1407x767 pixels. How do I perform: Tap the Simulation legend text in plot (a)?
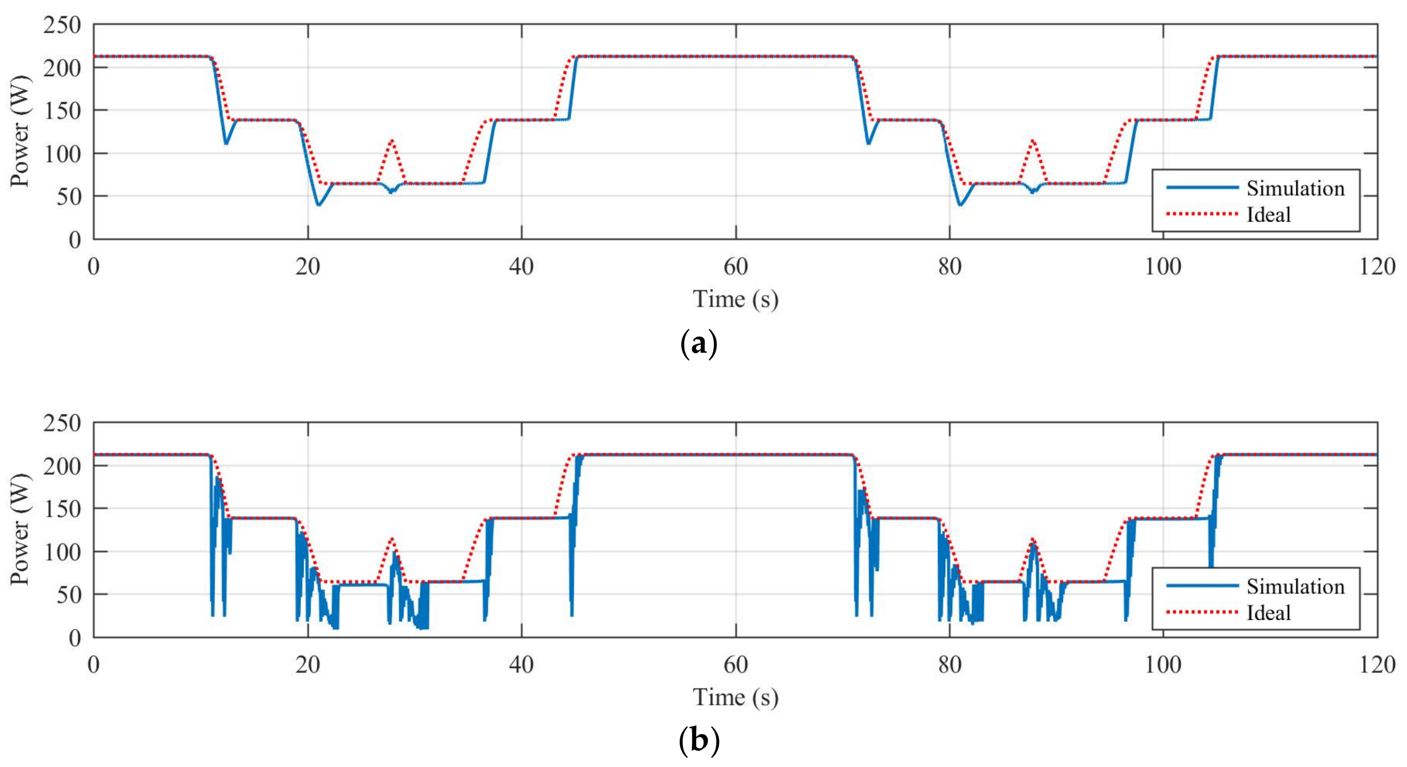pos(1295,188)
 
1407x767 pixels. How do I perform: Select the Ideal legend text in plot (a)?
pos(1268,215)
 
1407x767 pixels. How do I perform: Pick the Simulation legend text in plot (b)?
pos(1295,586)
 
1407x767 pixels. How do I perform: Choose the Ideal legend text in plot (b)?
pos(1268,613)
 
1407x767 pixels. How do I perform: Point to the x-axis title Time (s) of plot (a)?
pos(735,299)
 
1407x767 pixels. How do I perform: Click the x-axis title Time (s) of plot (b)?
pos(735,697)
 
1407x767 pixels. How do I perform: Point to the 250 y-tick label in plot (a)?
pos(62,25)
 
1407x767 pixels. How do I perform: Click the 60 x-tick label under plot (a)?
pos(735,267)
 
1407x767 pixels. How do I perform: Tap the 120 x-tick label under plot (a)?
pos(1376,267)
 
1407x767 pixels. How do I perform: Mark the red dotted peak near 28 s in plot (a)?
pos(392,140)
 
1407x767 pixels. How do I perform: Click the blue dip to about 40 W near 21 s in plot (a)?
pos(318,205)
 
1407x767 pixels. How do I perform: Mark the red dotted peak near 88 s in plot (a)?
pos(1032,140)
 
